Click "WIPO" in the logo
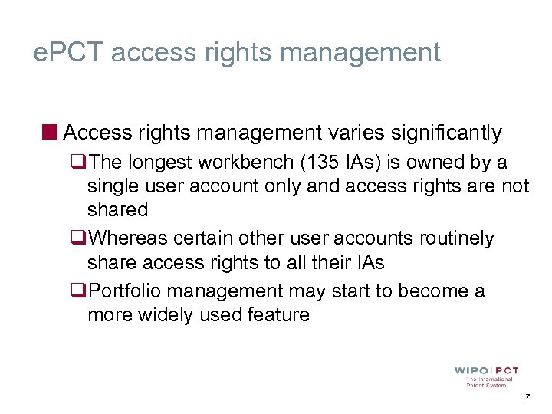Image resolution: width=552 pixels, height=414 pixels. click(x=471, y=371)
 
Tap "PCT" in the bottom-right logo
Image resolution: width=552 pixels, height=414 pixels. click(x=506, y=371)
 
